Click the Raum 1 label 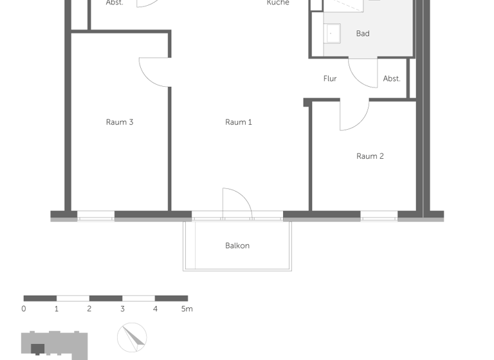(x=238, y=122)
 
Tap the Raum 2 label (x=370, y=156)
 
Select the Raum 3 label (x=120, y=122)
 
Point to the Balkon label (x=237, y=246)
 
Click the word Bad (x=363, y=33)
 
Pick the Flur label (x=330, y=78)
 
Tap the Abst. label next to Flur (x=392, y=78)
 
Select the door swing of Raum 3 (x=153, y=72)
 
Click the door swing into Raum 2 (x=354, y=116)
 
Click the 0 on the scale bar (x=24, y=309)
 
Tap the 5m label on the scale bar (x=187, y=309)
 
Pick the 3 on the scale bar (x=122, y=309)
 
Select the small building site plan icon (x=54, y=345)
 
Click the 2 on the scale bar (x=89, y=309)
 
